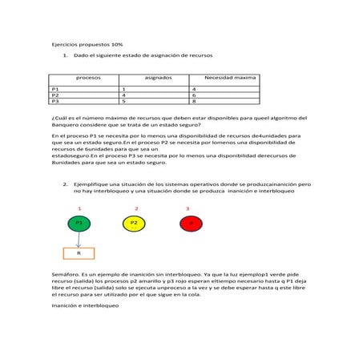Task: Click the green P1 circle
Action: pyautogui.click(x=78, y=224)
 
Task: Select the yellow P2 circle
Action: pyautogui.click(x=134, y=224)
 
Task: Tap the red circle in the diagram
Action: pyautogui.click(x=189, y=224)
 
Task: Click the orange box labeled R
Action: pyautogui.click(x=79, y=253)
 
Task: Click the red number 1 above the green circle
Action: pyautogui.click(x=79, y=208)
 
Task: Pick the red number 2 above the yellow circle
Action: pyautogui.click(x=135, y=208)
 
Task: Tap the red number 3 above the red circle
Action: pyautogui.click(x=188, y=208)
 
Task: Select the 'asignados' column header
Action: pyautogui.click(x=157, y=79)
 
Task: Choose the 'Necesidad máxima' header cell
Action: pyautogui.click(x=231, y=79)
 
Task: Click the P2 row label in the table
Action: pyautogui.click(x=54, y=95)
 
